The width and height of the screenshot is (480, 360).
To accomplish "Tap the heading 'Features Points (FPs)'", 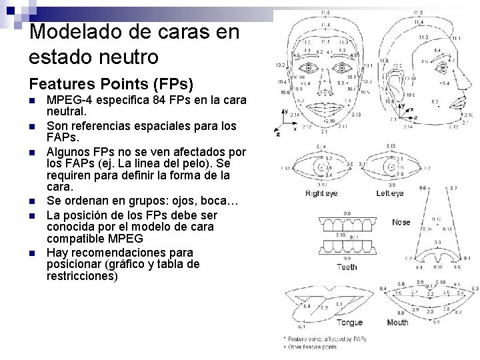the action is point(111,84).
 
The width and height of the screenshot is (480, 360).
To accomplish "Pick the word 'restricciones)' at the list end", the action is point(83,275).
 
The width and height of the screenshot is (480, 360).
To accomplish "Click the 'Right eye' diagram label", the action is point(321,194).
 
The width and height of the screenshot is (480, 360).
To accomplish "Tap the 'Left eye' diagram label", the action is point(390,194).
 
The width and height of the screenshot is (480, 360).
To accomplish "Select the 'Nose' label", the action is point(401,222).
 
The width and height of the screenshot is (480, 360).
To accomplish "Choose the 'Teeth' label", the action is point(347,267).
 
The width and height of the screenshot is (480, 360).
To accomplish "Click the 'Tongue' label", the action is point(349,323).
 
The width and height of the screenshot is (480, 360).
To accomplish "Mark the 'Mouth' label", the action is point(398,323).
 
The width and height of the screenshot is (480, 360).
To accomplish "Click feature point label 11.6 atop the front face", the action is point(325,13).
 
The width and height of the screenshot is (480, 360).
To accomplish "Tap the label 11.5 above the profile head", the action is point(417,13).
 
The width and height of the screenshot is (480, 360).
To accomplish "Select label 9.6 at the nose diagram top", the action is point(421,189).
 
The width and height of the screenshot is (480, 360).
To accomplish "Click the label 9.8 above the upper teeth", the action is point(347,213).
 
